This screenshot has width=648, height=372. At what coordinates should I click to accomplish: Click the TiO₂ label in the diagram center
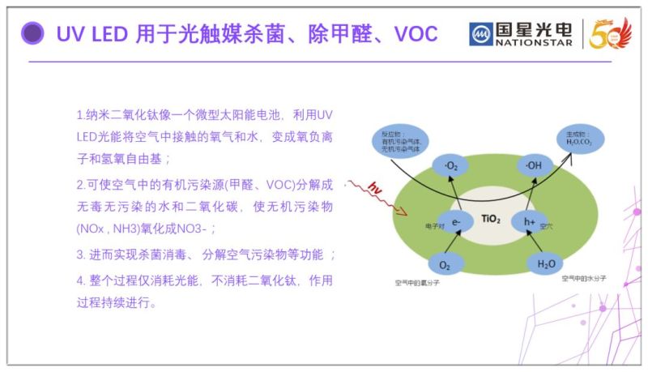[x=492, y=219]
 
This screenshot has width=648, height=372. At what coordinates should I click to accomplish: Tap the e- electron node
[x=456, y=220]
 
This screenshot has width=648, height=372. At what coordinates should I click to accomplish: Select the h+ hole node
[x=529, y=220]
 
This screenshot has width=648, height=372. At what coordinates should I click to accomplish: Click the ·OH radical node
[x=534, y=167]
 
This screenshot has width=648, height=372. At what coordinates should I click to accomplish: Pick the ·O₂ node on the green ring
[x=451, y=167]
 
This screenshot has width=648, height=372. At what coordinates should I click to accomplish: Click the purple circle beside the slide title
[x=32, y=33]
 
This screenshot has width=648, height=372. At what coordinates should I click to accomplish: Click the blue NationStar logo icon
[x=481, y=34]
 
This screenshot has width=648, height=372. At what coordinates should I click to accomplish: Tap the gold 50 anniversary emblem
[x=609, y=33]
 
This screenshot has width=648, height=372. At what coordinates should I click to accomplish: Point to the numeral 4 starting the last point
[x=80, y=280]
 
